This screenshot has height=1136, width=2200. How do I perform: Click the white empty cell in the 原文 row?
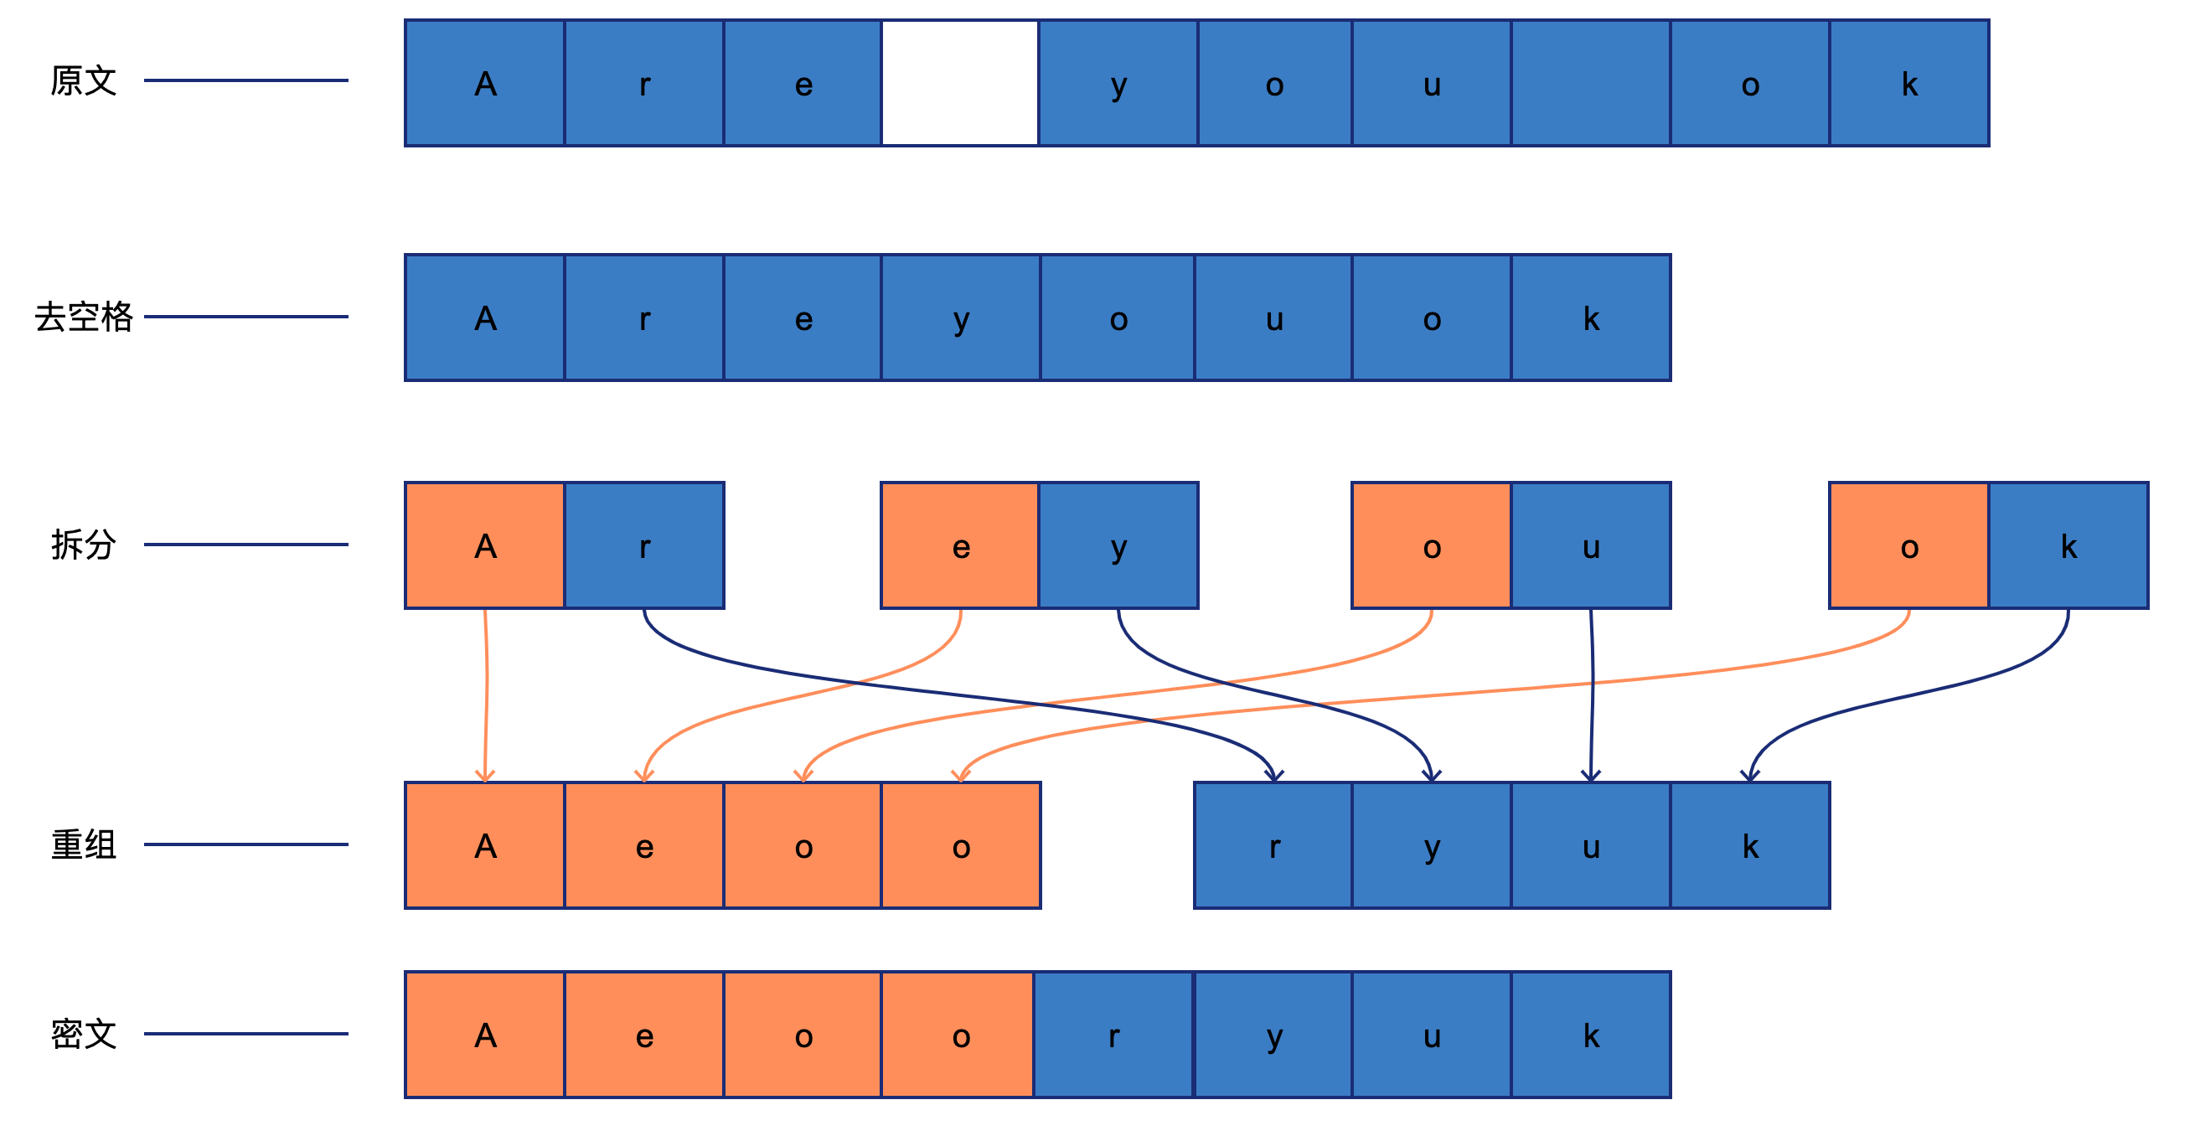point(960,84)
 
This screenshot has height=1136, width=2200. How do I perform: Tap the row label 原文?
point(83,81)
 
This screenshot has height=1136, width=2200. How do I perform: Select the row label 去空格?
point(84,317)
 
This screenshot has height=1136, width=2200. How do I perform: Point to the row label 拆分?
point(83,545)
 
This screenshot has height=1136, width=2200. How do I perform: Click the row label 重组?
point(83,844)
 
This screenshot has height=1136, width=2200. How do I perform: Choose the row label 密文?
point(83,1035)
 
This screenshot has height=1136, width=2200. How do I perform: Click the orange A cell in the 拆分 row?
point(485,545)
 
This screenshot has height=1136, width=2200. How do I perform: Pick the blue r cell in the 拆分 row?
point(645,545)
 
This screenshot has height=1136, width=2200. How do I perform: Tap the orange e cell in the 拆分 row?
point(960,545)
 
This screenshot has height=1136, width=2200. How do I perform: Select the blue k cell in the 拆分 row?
point(2068,545)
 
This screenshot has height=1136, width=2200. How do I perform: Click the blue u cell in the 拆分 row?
point(1591,545)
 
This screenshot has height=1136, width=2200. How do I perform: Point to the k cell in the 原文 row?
point(1909,84)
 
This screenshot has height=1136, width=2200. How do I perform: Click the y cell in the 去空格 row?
point(961,318)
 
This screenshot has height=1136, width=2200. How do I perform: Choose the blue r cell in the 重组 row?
point(1273,845)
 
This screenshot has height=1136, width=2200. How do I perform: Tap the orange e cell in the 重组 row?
point(645,845)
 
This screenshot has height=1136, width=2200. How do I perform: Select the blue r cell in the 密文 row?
point(1113,1035)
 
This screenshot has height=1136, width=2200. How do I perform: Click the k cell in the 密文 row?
point(1591,1035)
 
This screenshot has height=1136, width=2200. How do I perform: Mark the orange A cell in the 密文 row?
point(485,1035)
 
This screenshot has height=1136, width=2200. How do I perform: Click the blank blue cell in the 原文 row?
point(1591,84)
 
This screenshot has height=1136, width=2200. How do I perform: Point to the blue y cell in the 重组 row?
point(1433,845)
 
